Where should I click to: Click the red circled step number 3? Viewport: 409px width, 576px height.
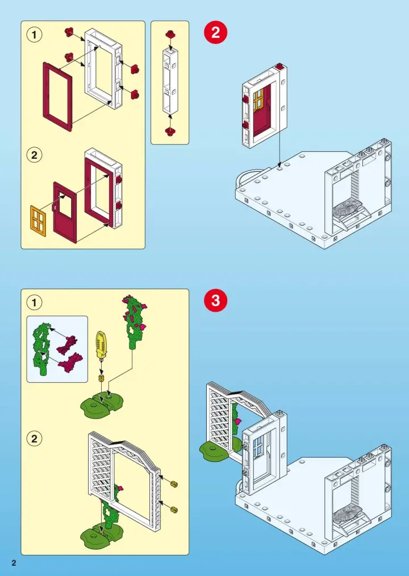(215, 301)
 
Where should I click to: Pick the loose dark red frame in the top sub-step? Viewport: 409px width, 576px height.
(57, 96)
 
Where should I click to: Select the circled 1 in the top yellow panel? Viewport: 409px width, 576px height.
(35, 35)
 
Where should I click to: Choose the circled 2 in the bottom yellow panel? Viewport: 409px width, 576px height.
(35, 438)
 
